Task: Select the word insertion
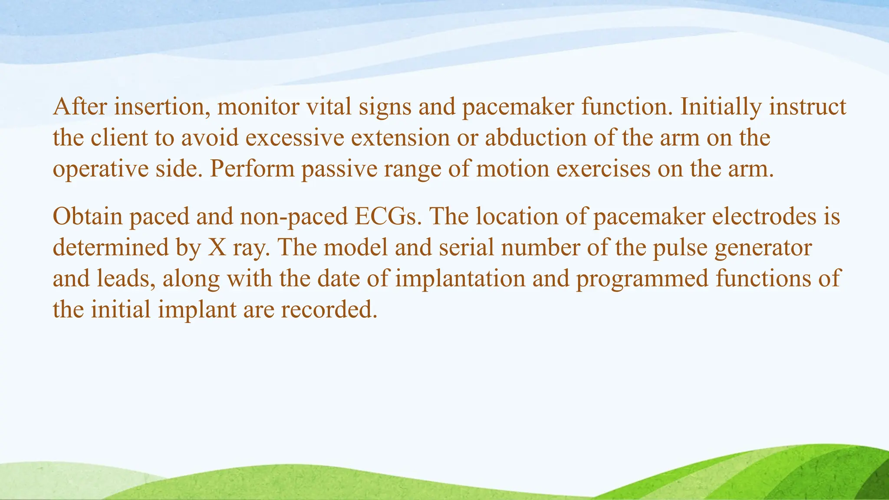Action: click(162, 106)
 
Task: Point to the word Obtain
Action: click(88, 216)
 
